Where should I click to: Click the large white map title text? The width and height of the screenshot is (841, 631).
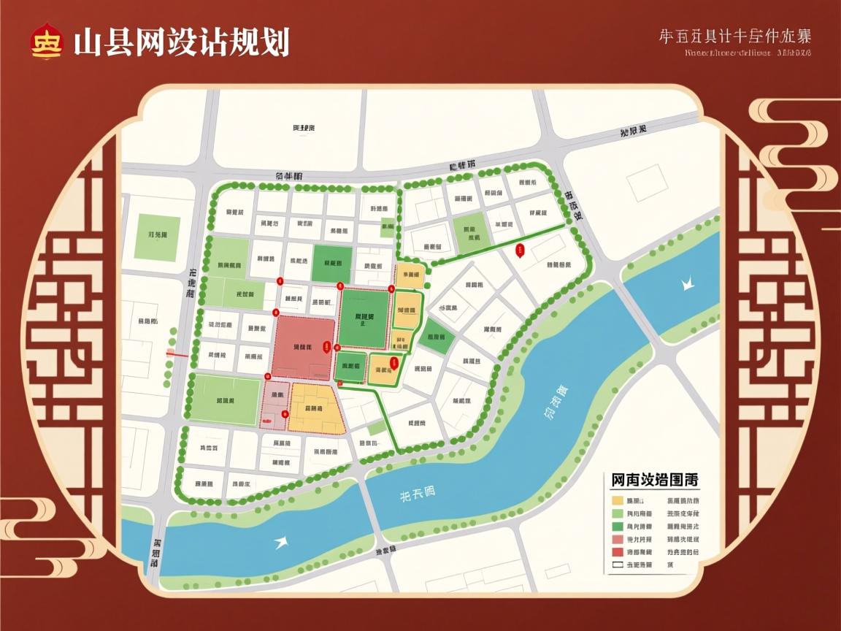(x=181, y=42)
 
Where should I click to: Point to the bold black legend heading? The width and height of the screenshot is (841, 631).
(x=654, y=481)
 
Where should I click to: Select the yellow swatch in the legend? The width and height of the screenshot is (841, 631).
(x=618, y=501)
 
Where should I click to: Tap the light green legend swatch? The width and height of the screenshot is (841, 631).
(x=618, y=513)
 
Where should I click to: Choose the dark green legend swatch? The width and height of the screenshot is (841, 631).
(x=618, y=526)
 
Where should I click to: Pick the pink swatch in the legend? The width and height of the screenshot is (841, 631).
(x=618, y=539)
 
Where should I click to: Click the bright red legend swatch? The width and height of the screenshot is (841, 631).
(x=618, y=551)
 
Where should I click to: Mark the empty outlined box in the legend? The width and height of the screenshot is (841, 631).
(x=618, y=565)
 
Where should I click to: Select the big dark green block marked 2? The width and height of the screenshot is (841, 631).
(x=364, y=318)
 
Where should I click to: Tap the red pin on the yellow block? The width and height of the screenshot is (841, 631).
(x=393, y=362)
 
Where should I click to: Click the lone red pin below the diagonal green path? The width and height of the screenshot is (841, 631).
(x=520, y=251)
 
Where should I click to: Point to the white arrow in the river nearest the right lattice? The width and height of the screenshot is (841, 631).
(x=687, y=282)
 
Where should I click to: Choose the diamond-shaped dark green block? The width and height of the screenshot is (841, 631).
(x=436, y=337)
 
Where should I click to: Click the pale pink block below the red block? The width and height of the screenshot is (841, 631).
(x=275, y=404)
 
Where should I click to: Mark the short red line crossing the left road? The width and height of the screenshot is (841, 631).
(x=178, y=353)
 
